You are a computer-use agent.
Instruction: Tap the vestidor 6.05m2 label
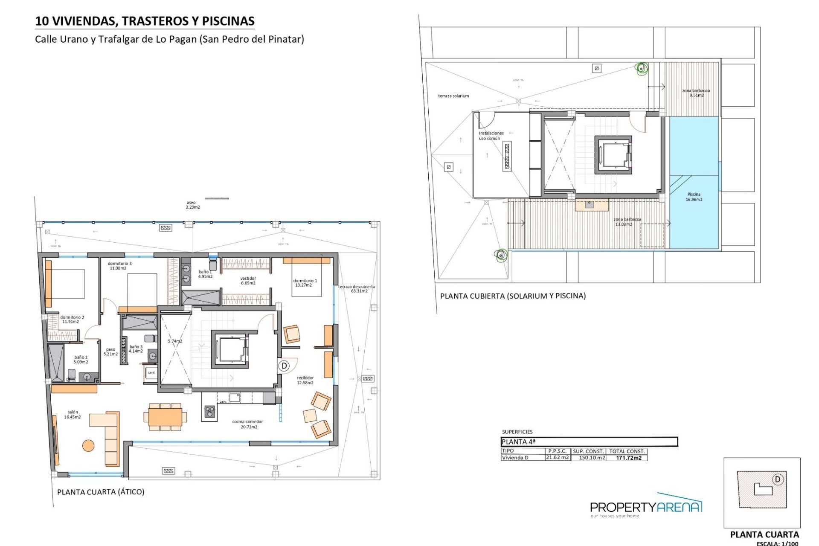[248, 281]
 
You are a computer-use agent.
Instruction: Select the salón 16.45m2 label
[73, 415]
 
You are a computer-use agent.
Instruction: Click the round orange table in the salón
[88, 446]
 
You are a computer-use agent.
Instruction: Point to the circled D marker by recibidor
[284, 366]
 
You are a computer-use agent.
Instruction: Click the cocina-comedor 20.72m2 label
[247, 424]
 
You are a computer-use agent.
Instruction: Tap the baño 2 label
[81, 360]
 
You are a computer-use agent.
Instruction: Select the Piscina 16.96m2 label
[694, 197]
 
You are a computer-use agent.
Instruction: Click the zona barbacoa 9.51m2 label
[696, 93]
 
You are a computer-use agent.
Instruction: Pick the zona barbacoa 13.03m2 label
[627, 222]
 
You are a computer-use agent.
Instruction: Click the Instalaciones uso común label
[491, 136]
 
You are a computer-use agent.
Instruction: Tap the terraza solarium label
[453, 96]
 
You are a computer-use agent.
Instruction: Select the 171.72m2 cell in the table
[629, 458]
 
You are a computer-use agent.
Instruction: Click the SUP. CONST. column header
[588, 451]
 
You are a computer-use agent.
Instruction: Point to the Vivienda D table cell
[515, 458]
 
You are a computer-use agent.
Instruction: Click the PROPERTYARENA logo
[646, 507]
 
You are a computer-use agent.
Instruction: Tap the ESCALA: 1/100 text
[777, 543]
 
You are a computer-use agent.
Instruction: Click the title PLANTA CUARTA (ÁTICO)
[101, 492]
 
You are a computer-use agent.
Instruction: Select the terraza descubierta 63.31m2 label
[357, 289]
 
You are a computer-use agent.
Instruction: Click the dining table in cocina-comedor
[165, 417]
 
